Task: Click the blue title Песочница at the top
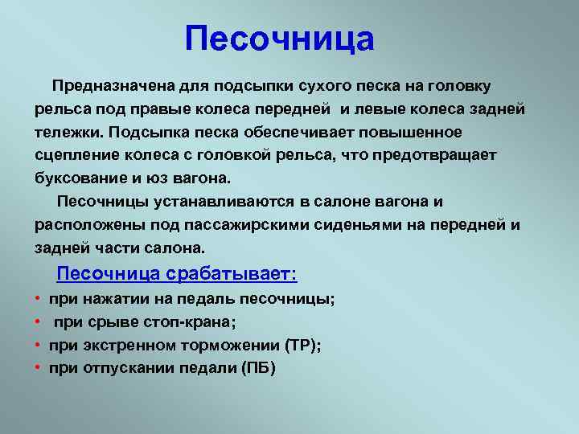click(280, 39)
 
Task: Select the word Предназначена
click(113, 86)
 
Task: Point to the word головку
click(459, 87)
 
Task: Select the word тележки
click(68, 133)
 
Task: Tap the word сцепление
click(76, 156)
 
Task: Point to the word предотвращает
click(434, 156)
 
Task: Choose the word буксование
click(80, 179)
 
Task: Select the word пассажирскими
click(246, 226)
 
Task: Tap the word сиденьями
click(358, 226)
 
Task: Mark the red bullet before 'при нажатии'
click(37, 298)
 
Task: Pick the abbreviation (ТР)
click(303, 346)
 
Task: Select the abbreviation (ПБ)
click(258, 368)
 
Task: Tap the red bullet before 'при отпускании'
click(37, 367)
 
